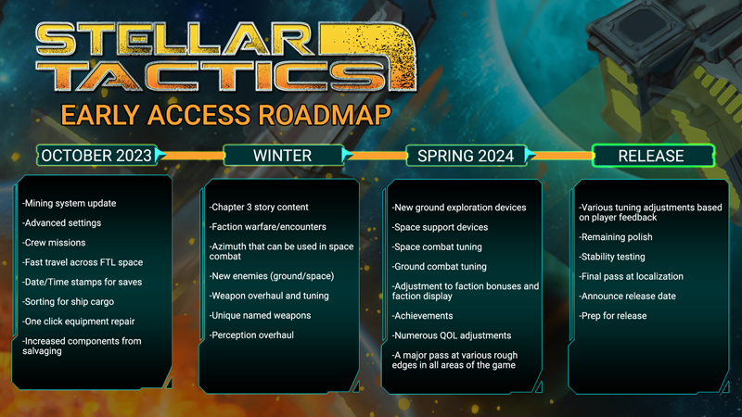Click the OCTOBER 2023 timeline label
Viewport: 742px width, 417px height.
96,156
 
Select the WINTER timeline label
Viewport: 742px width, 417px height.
283,156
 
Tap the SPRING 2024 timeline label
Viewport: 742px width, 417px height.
466,156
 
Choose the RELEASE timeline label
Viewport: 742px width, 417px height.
653,156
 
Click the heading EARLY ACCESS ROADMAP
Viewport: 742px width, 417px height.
225,115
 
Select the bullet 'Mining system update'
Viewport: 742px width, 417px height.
69,203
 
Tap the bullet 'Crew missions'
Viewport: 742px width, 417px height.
54,243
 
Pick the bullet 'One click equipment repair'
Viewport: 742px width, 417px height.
78,322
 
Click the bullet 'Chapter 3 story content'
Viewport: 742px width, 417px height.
259,207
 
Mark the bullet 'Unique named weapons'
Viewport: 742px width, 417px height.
260,315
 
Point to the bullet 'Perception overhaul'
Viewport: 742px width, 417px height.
251,335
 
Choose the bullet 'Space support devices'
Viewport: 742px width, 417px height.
440,227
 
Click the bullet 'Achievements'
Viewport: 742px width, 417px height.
422,316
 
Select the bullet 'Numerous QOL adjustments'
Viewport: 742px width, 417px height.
452,335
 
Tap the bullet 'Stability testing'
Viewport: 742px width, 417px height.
612,257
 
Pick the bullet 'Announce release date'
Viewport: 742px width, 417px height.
627,297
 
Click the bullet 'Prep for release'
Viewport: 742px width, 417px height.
612,316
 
